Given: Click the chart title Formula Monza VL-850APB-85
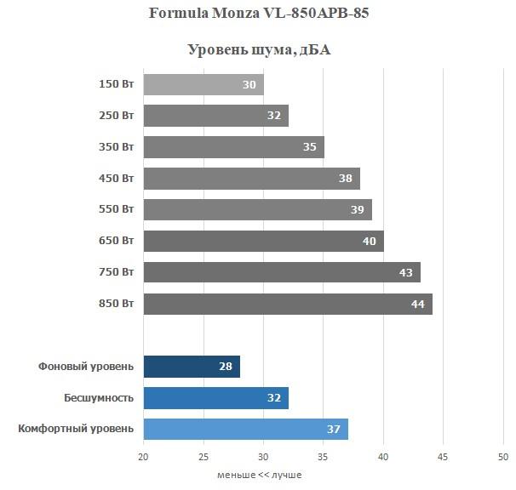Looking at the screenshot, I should [259, 14].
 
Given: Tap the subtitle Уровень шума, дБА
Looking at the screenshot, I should [259, 50].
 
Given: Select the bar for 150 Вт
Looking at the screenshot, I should [203, 84].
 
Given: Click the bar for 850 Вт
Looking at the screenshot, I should [287, 304].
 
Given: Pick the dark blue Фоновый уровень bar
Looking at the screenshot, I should [191, 367].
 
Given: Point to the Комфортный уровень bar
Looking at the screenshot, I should [245, 429].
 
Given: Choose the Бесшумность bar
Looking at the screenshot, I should [215, 397].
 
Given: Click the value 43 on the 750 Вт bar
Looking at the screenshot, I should [405, 272].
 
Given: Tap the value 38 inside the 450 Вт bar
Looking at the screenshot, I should [345, 179].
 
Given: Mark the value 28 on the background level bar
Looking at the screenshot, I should [225, 367].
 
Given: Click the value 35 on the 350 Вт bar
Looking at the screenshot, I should [309, 147].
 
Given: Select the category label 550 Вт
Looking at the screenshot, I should [116, 209].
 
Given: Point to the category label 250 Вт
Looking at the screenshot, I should [116, 116].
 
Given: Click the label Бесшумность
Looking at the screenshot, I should [99, 397].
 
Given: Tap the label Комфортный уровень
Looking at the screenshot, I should [76, 429].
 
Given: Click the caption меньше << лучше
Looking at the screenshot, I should [259, 475].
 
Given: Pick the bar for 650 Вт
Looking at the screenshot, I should [263, 241].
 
